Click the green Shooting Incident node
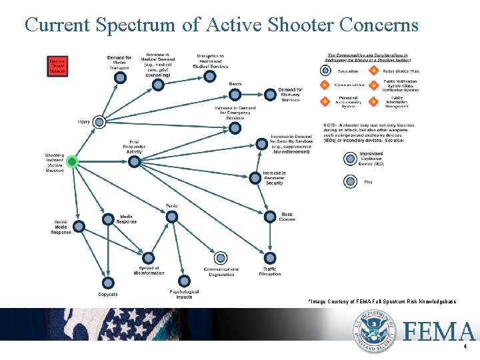[73, 161]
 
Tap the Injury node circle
[99, 121]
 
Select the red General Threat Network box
[57, 65]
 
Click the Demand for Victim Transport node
[120, 77]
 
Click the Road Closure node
[269, 217]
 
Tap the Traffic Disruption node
[269, 257]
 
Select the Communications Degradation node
[221, 257]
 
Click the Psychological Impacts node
[185, 281]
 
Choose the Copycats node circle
[108, 283]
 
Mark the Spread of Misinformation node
[149, 257]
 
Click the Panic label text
[172, 205]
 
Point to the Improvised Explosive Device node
[351, 158]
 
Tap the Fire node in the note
[351, 181]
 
